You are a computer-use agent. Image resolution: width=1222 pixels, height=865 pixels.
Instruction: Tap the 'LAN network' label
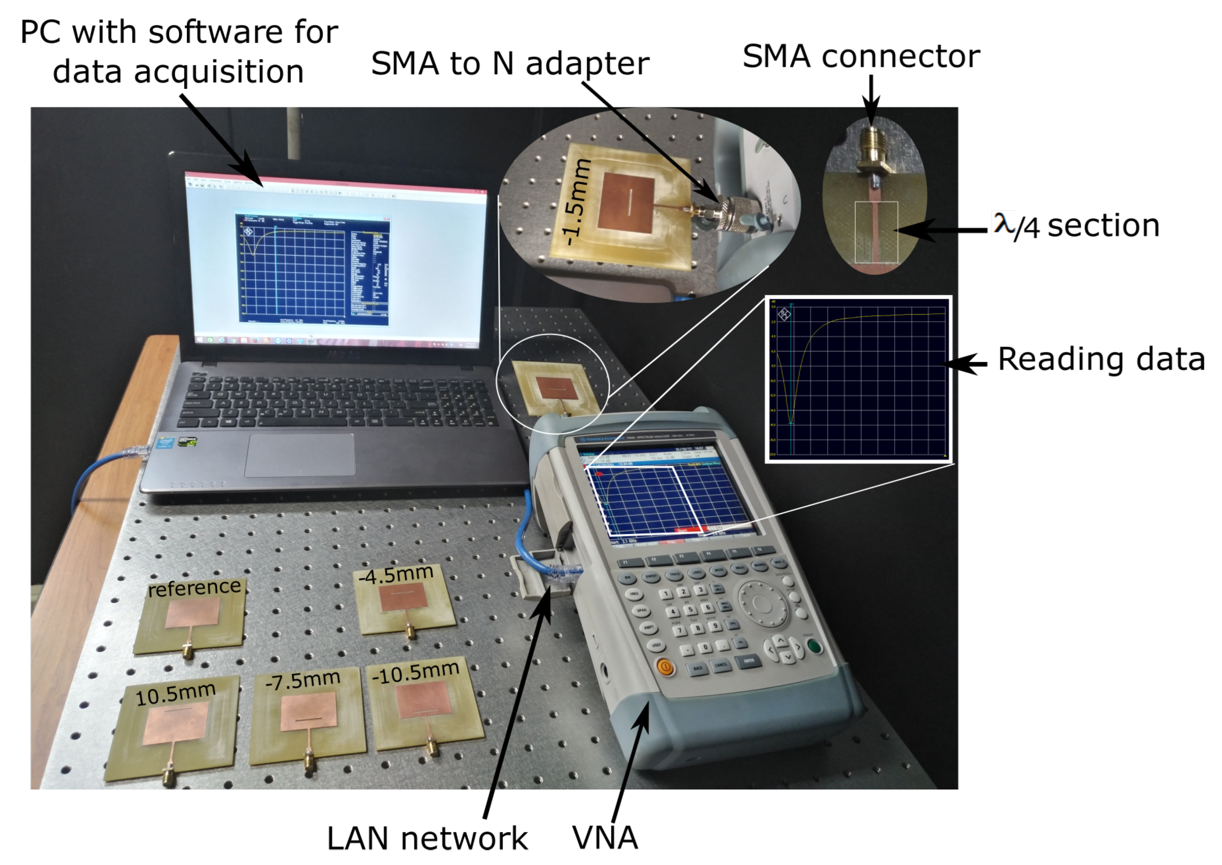click(x=427, y=838)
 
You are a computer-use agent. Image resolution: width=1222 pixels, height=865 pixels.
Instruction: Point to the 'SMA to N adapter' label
click(x=510, y=64)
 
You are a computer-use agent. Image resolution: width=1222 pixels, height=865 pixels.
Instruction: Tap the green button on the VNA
click(x=815, y=646)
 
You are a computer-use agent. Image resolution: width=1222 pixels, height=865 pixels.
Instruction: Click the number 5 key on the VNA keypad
click(x=690, y=610)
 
